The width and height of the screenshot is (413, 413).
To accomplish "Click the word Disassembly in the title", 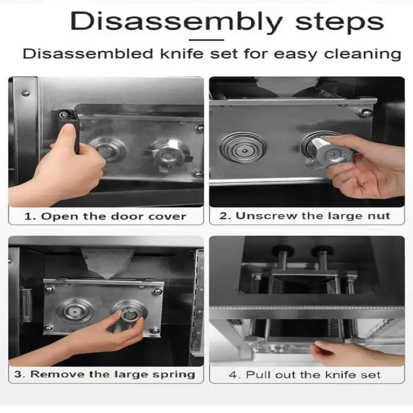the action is click(x=176, y=21).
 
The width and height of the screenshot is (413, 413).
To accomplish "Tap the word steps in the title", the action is click(x=339, y=23).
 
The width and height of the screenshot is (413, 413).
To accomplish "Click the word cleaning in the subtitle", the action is click(x=363, y=54).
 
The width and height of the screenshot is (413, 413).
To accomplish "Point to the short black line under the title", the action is click(x=206, y=40).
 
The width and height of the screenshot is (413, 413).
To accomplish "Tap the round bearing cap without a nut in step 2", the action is click(x=242, y=147).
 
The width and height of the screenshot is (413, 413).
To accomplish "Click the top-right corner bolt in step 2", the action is click(x=365, y=113).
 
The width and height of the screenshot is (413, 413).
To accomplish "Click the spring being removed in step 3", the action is click(x=129, y=314).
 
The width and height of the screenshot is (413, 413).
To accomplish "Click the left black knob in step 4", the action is click(x=283, y=250).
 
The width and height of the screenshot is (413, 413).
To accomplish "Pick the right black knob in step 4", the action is click(x=323, y=250).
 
